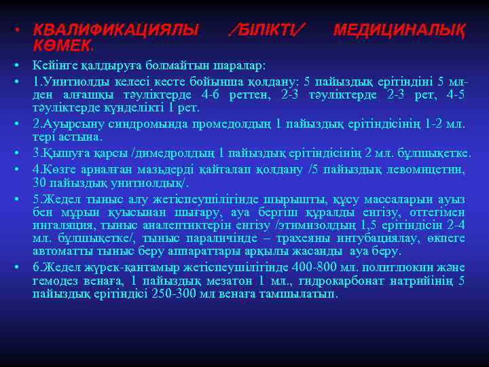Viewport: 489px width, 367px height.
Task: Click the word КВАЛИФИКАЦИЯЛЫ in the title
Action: pos(116,30)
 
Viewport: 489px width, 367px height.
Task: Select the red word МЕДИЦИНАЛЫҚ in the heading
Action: pos(399,30)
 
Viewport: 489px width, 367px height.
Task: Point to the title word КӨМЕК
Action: pos(63,46)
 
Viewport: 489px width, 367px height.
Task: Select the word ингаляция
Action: pos(58,225)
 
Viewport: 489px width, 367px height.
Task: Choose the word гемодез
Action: pos(56,281)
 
